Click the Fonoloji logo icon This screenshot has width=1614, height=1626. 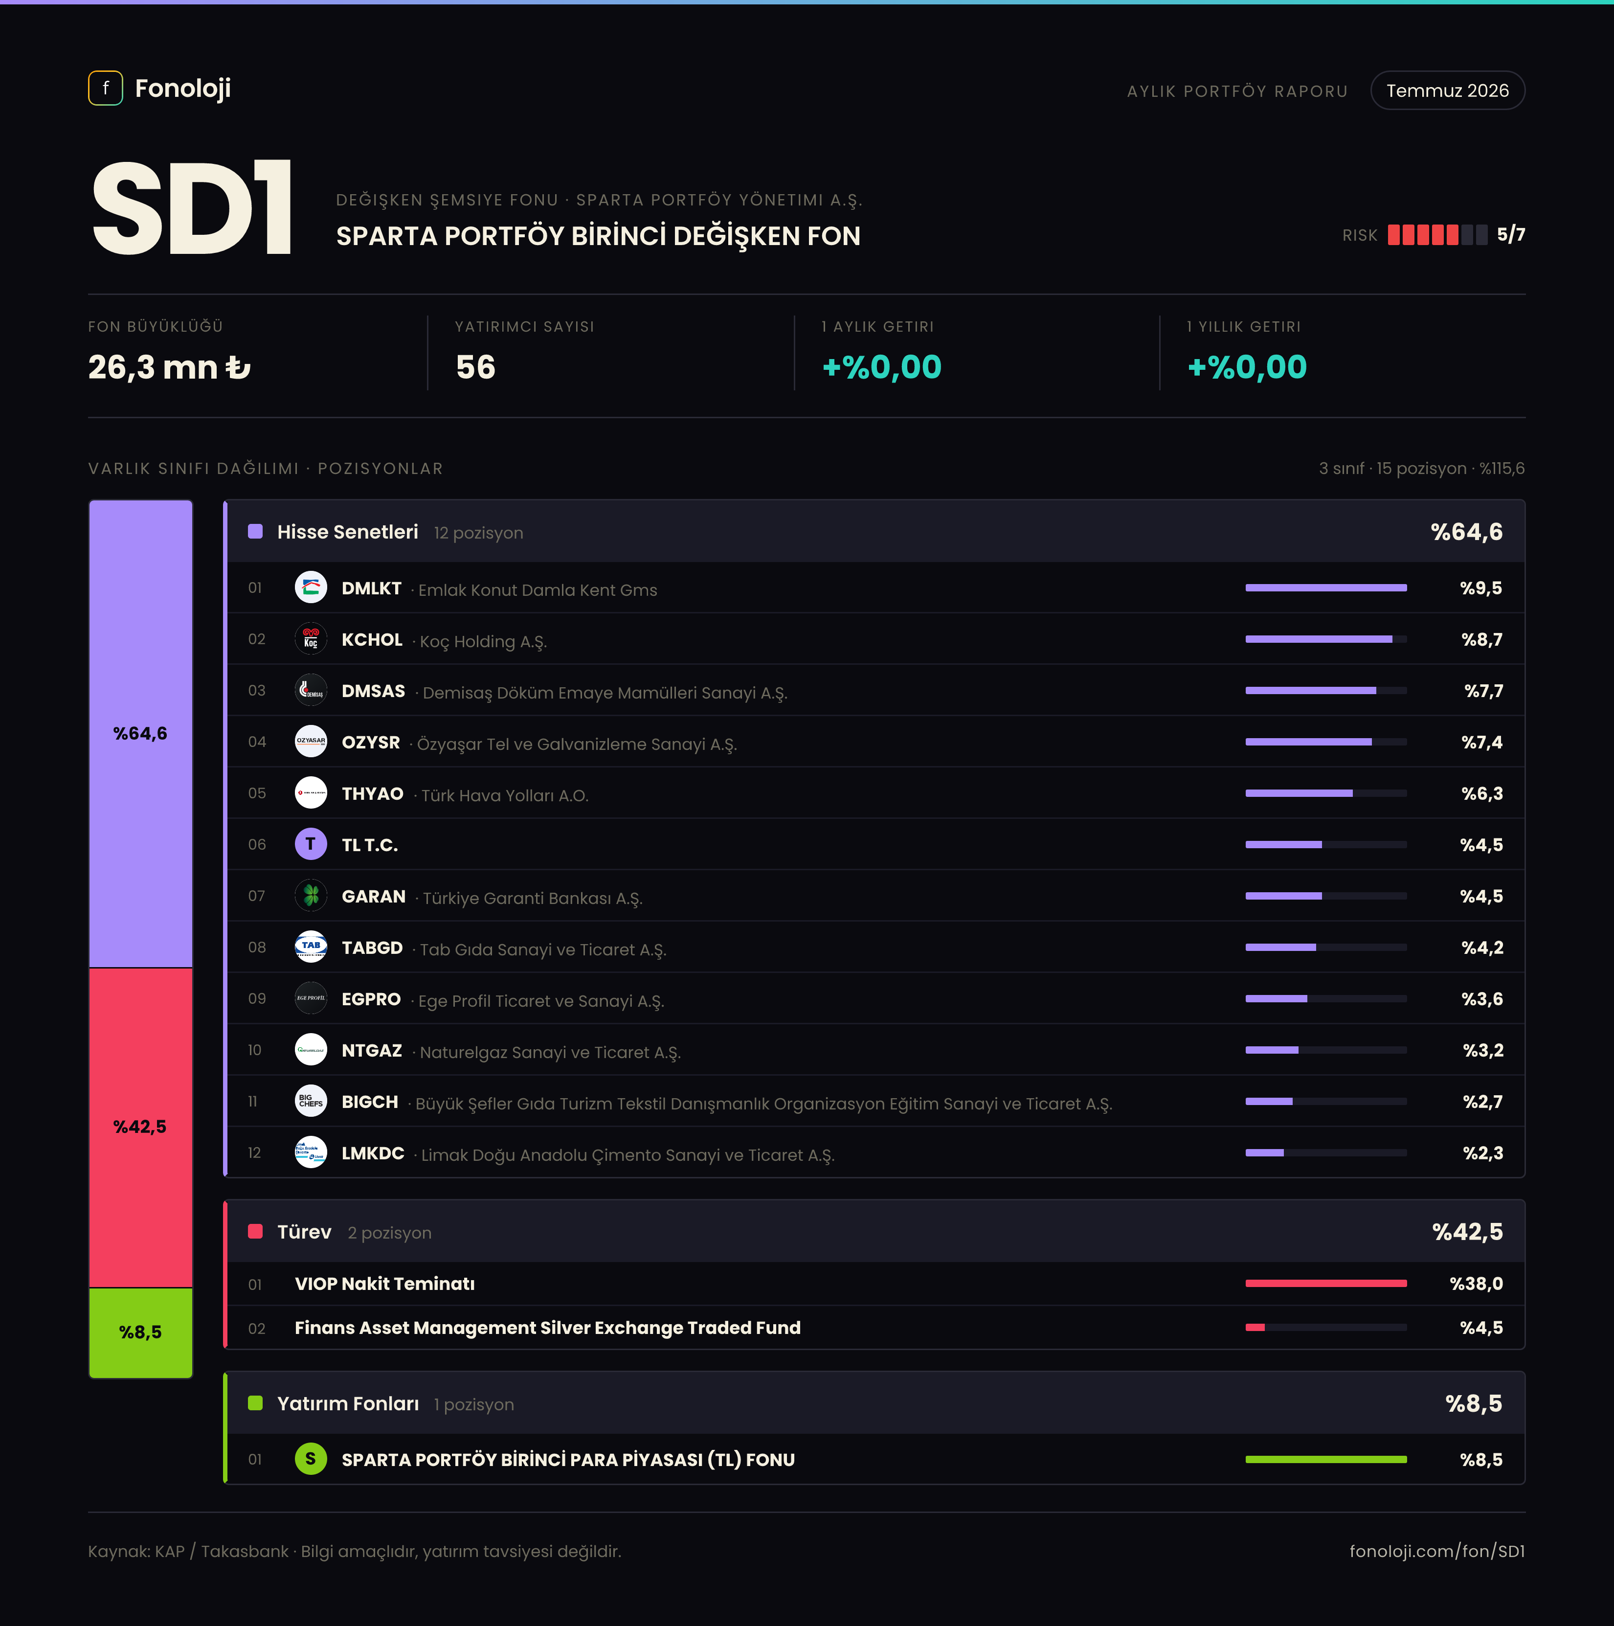click(x=105, y=89)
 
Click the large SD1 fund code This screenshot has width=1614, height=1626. click(x=192, y=208)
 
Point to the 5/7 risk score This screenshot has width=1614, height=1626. click(x=1510, y=235)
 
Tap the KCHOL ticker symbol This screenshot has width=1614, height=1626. click(x=372, y=640)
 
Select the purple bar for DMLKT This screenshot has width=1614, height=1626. click(x=1325, y=587)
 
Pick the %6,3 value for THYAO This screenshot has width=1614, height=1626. click(x=1482, y=793)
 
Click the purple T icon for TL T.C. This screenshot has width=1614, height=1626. click(x=311, y=844)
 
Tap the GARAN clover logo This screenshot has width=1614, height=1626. click(x=311, y=896)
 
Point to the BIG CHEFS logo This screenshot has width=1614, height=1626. click(x=311, y=1101)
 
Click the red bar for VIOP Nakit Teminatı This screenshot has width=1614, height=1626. click(x=1325, y=1284)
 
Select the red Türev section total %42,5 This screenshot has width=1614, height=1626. click(x=1468, y=1232)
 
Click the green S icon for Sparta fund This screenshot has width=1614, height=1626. click(x=311, y=1459)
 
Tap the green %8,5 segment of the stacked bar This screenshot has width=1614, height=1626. click(x=140, y=1332)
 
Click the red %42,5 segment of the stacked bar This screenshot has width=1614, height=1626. click(x=140, y=1128)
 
